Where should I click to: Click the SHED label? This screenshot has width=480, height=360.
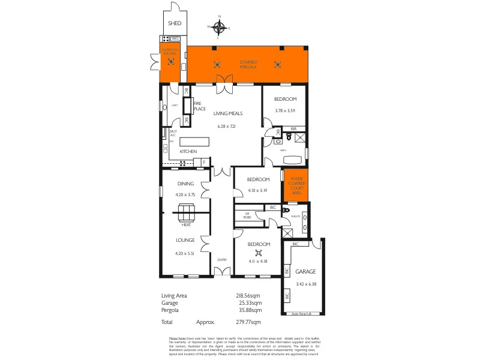coord(175,23)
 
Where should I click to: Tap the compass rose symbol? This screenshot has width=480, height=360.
coord(220,26)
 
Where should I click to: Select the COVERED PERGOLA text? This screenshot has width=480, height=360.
coord(248,64)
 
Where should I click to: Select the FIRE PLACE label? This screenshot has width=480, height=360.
coord(199,106)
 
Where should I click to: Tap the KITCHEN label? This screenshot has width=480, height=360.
coord(188,152)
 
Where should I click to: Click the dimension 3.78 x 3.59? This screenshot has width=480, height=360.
coord(286,110)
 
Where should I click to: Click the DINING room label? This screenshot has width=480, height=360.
coord(185,184)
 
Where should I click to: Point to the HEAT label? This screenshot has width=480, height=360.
coord(186,225)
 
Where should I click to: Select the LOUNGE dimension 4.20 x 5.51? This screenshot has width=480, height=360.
coord(185,253)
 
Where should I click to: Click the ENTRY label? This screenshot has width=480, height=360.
coord(222,259)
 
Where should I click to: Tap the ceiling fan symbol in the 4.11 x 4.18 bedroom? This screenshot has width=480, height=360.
coord(259,253)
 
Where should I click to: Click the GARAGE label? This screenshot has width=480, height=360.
coord(305,272)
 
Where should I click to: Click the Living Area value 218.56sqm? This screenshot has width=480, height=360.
coord(248,295)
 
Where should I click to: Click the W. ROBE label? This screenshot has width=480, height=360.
coord(247,215)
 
